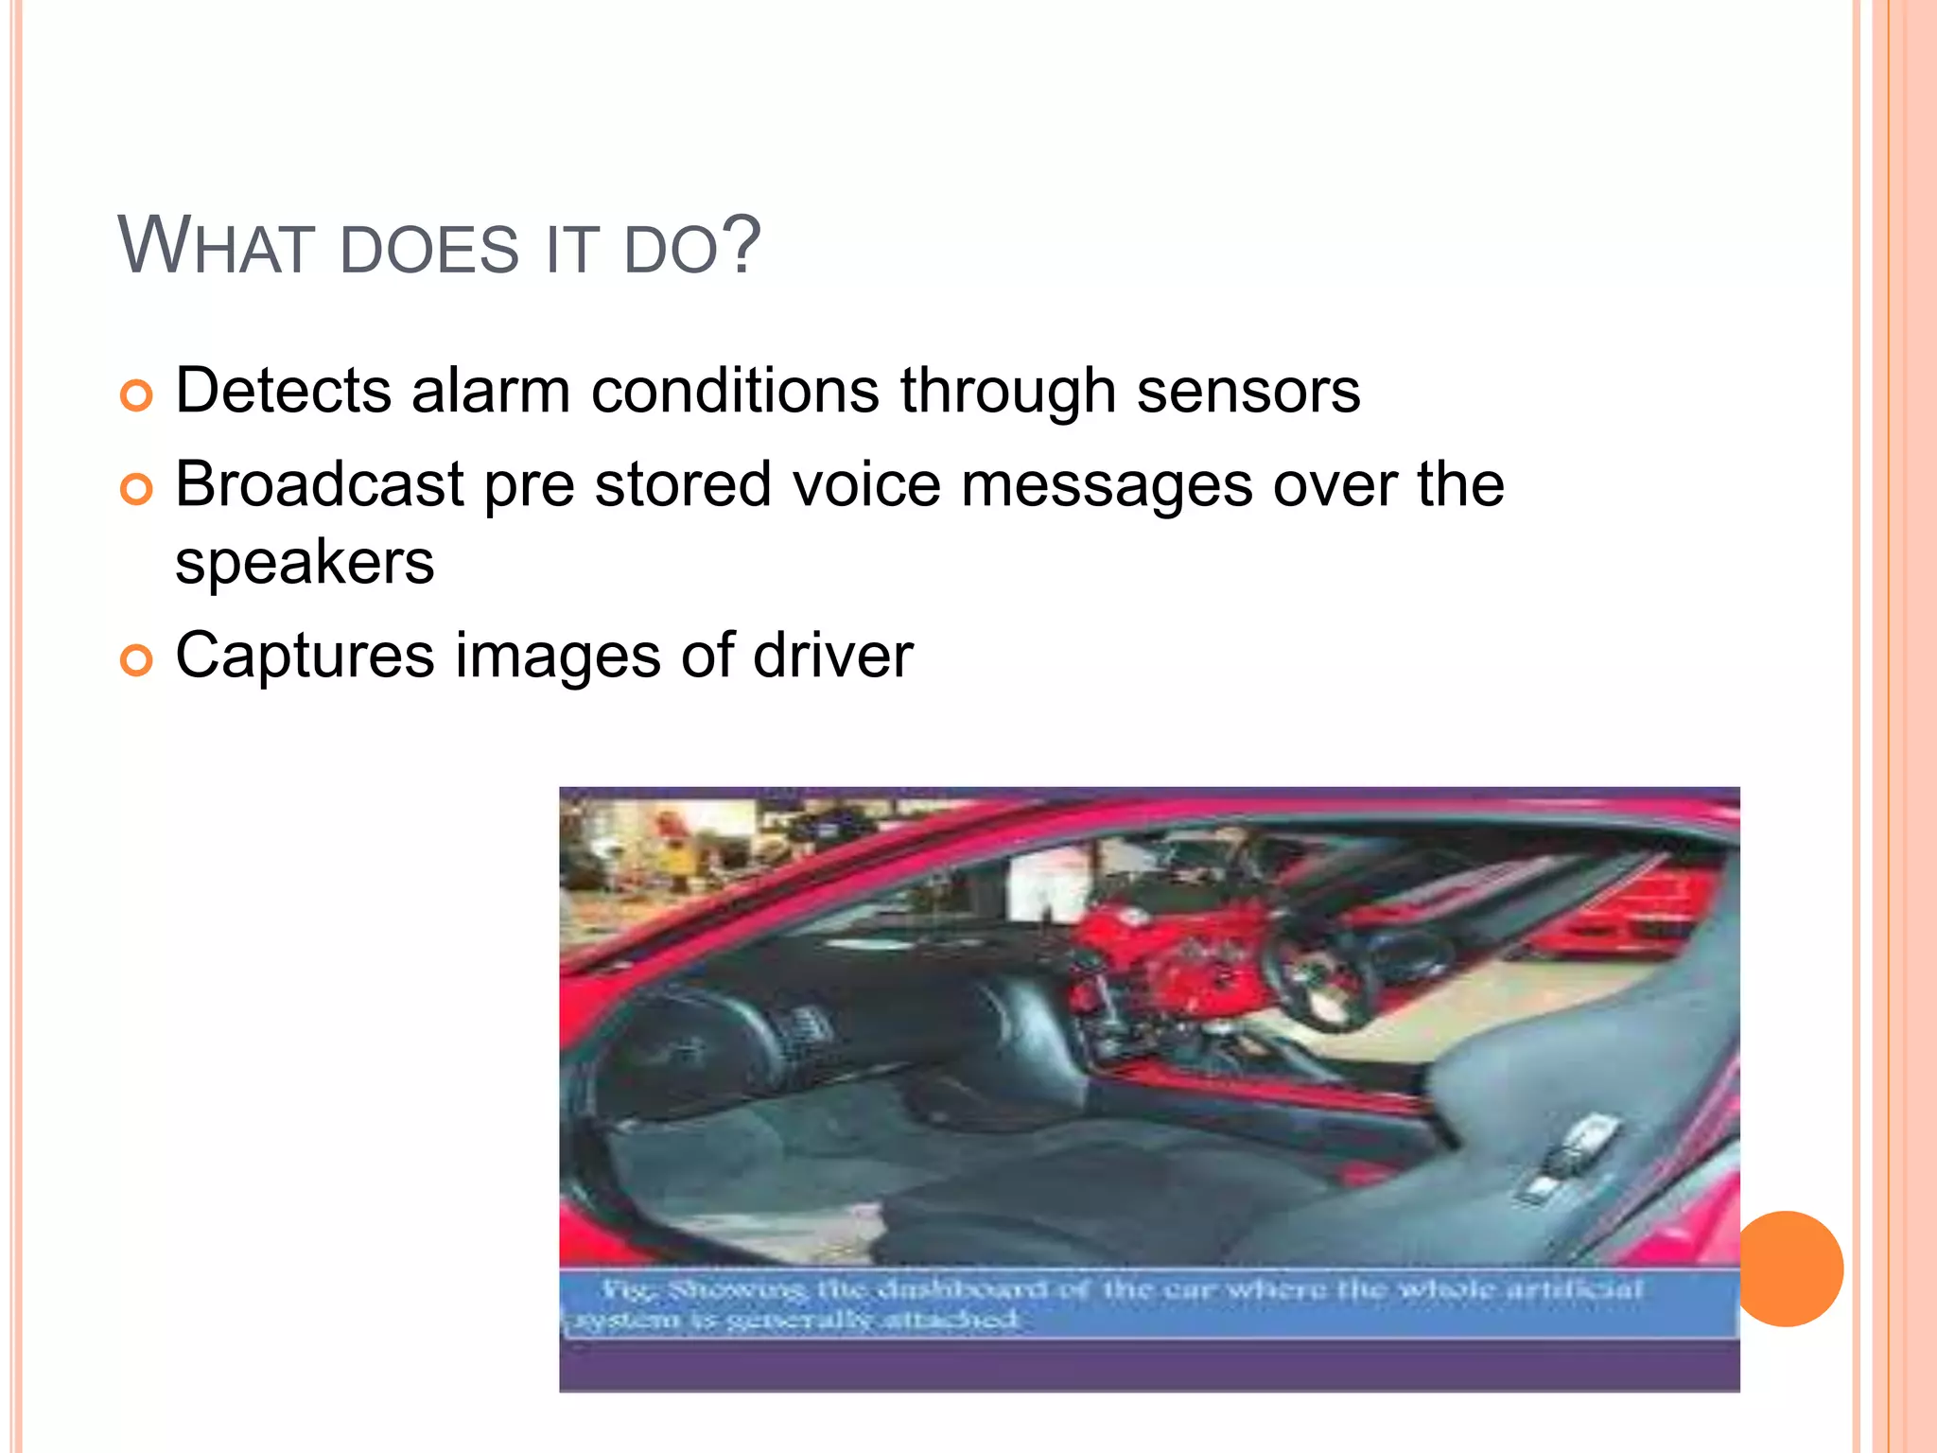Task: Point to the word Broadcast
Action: click(x=320, y=484)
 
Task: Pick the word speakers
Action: click(x=305, y=562)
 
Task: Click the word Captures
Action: click(x=305, y=656)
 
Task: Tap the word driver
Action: click(x=832, y=655)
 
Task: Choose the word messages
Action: click(x=1107, y=484)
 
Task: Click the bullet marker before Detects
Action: click(x=136, y=395)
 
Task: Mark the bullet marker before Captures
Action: click(x=136, y=661)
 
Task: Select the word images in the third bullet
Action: click(x=558, y=656)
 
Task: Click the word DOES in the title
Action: click(x=428, y=251)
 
